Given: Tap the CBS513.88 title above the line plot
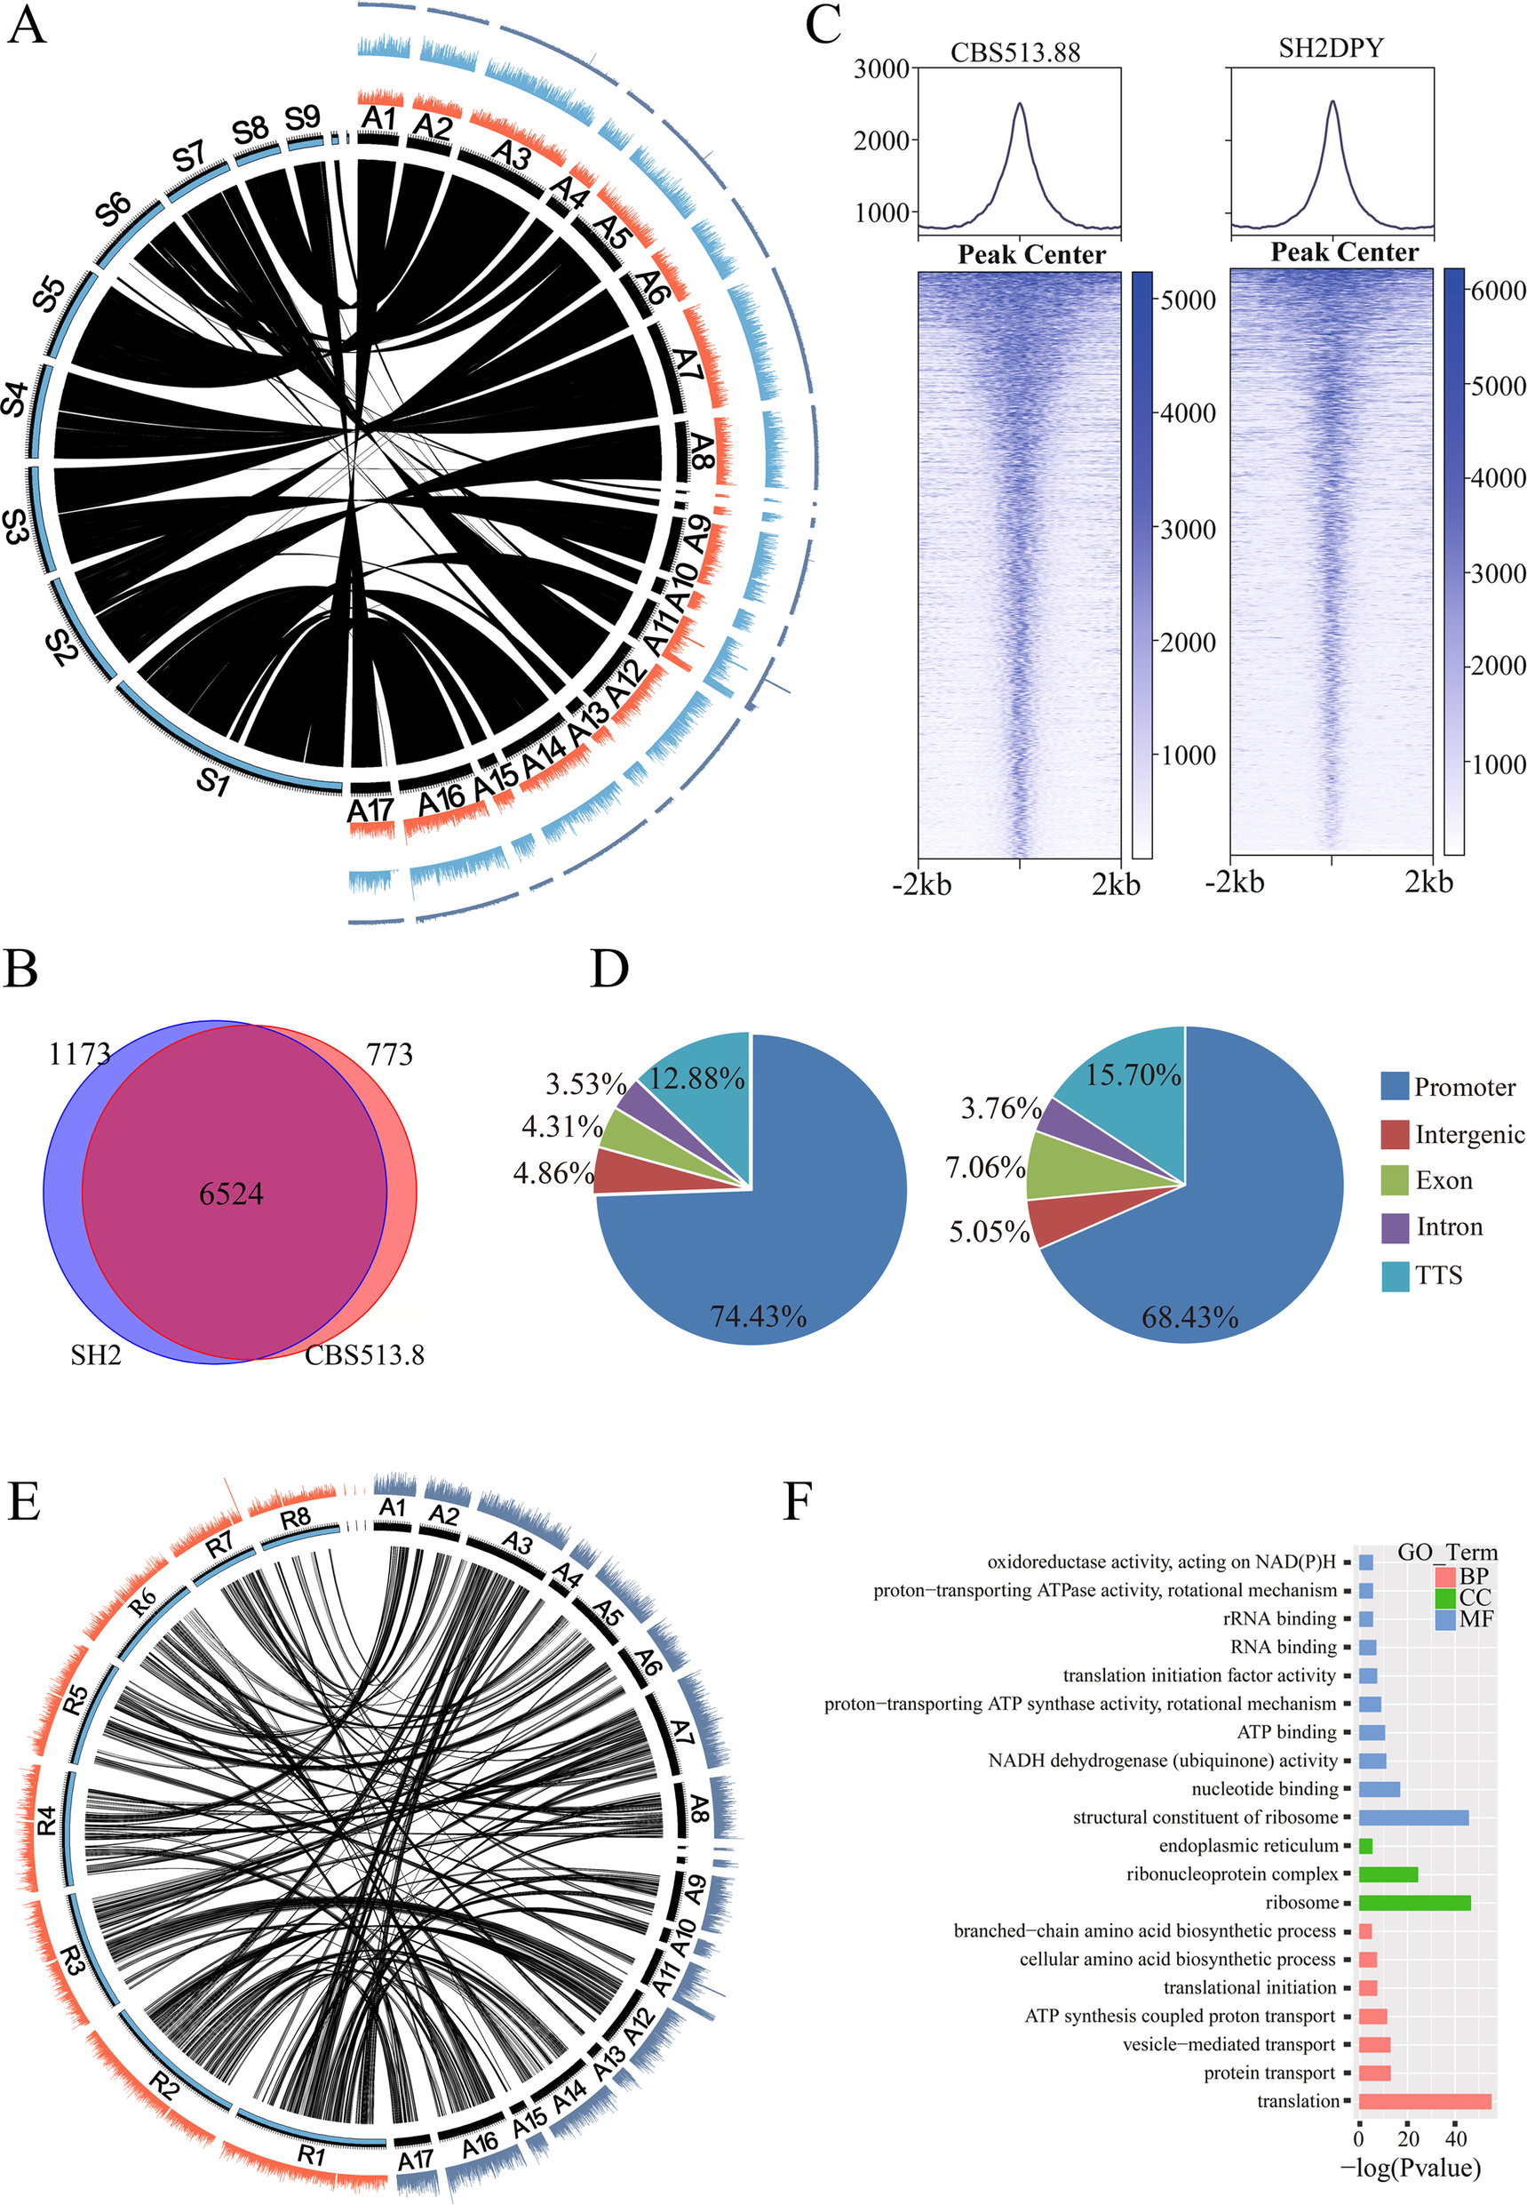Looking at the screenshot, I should point(1015,52).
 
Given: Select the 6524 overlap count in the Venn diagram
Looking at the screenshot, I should point(231,1194).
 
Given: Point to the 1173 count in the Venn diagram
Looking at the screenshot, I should point(79,1054).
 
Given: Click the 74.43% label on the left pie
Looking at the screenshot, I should point(758,1316).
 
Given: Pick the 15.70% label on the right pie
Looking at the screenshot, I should point(1133,1075).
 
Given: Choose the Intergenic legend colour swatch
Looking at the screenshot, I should point(1395,1134).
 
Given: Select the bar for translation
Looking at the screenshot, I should point(1424,2101).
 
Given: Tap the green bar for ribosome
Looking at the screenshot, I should point(1413,1902).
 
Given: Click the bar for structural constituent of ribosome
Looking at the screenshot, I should point(1412,1817).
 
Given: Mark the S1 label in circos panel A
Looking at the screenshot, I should point(212,783).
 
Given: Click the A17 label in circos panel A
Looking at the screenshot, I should point(370,811).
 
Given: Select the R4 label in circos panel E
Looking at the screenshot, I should point(46,1819).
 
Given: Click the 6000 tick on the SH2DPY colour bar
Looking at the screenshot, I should point(1498,291).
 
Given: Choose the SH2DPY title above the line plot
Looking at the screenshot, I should point(1330,49).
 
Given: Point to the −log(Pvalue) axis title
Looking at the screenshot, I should point(1411,2167).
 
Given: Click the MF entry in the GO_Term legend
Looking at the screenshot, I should point(1475,1619).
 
